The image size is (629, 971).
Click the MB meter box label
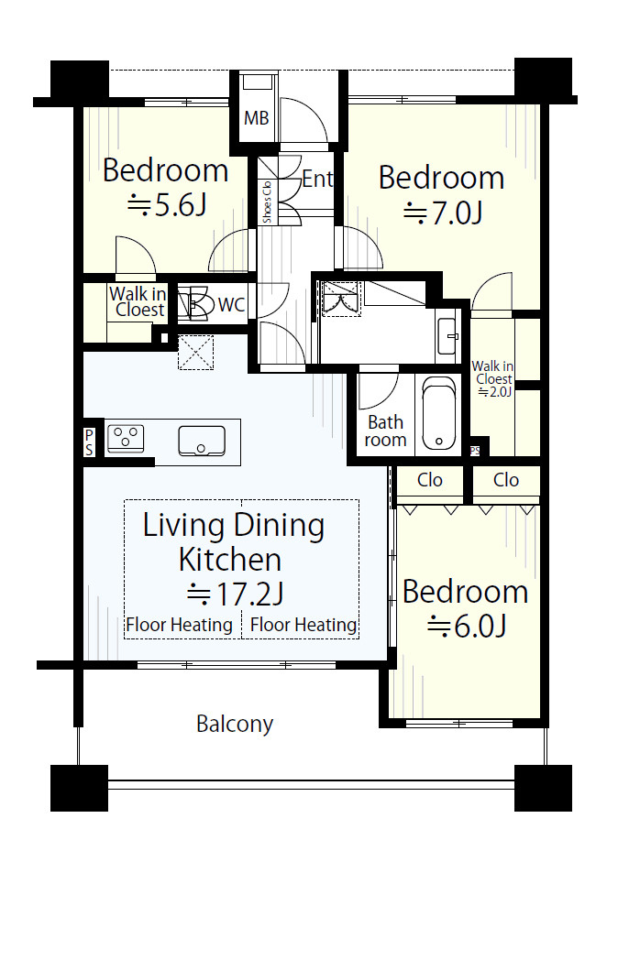[256, 117]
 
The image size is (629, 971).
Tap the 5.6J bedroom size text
[167, 204]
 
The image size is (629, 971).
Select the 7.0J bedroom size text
[443, 213]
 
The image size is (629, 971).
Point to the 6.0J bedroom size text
[467, 626]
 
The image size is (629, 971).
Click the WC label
[231, 305]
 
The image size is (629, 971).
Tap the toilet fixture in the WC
[193, 303]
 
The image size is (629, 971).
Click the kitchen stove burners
[126, 437]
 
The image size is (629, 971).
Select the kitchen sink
[202, 441]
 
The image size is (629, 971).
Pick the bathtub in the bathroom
[438, 414]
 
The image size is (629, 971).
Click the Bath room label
[385, 431]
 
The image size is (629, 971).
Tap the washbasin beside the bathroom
[447, 336]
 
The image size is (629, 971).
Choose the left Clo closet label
[429, 480]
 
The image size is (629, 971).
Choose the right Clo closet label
[506, 480]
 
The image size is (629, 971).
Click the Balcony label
[234, 724]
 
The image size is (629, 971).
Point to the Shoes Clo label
[267, 202]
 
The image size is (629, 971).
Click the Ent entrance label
[317, 179]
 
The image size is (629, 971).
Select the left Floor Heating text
[179, 625]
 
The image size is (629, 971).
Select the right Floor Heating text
[303, 625]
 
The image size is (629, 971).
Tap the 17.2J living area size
[236, 594]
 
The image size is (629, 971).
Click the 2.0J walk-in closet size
[494, 391]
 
